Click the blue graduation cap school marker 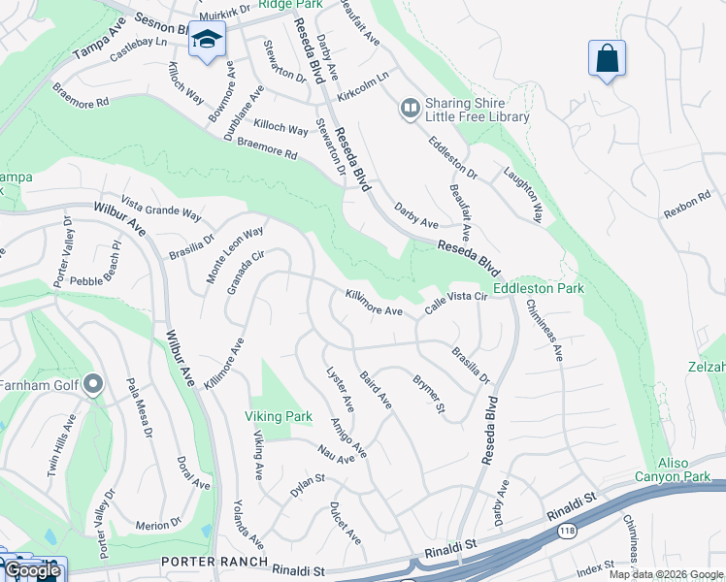pos(208,40)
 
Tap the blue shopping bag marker pos(607,58)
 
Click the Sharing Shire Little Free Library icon pos(410,108)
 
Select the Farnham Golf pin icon pos(93,385)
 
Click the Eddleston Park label pos(539,288)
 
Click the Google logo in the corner pos(32,570)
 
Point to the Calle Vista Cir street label pos(455,303)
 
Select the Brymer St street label pos(428,394)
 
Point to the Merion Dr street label pos(158,525)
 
